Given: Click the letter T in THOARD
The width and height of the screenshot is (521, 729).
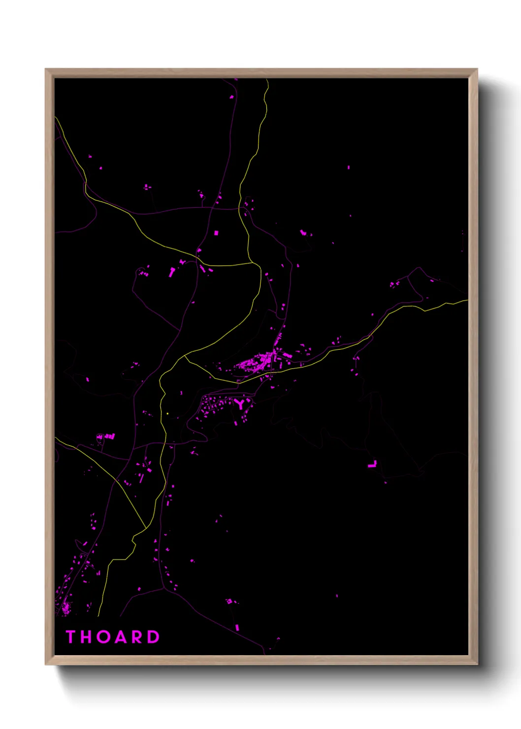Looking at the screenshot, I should click(x=70, y=637).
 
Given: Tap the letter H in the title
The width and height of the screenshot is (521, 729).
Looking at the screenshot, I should click(x=87, y=637).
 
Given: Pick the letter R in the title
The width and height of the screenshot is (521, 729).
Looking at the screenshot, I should click(x=138, y=637).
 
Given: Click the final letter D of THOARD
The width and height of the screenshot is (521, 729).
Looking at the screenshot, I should click(x=154, y=637).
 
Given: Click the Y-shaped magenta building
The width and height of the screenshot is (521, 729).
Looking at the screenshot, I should click(x=240, y=404).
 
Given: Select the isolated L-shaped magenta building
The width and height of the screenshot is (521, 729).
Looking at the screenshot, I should click(x=372, y=464).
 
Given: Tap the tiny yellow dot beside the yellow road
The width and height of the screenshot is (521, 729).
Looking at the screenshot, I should click(x=168, y=413).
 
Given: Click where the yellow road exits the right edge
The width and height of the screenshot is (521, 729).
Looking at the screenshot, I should click(x=467, y=300).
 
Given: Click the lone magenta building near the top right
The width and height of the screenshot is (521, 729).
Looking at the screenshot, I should click(x=349, y=167).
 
